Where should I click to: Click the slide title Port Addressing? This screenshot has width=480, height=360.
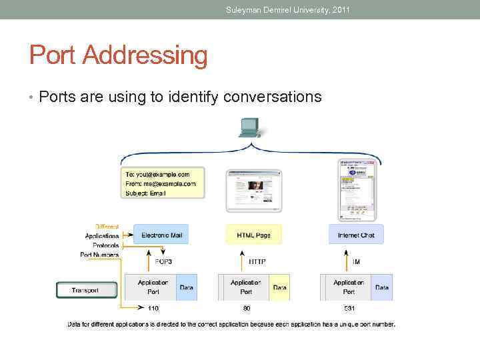[118, 55]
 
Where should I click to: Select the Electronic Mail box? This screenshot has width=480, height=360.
[161, 235]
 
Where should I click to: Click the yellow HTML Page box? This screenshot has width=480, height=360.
[253, 235]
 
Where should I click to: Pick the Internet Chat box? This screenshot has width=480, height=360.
[356, 235]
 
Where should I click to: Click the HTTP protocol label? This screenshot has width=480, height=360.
[257, 261]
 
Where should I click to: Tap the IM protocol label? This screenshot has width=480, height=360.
[356, 261]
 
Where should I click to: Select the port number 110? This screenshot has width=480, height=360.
[153, 309]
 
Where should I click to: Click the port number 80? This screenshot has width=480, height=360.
[246, 309]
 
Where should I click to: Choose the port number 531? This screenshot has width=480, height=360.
[349, 309]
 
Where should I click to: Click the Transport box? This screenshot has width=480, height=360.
[86, 290]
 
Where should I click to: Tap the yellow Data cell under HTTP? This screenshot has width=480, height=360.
[280, 287]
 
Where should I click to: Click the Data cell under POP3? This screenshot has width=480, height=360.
[187, 287]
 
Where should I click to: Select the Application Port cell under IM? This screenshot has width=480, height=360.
[349, 287]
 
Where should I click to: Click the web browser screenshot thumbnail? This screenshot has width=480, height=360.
[253, 191]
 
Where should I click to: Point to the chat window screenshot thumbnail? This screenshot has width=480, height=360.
[356, 189]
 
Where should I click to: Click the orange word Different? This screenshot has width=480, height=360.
[107, 226]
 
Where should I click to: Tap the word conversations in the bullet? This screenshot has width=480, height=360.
[273, 97]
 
